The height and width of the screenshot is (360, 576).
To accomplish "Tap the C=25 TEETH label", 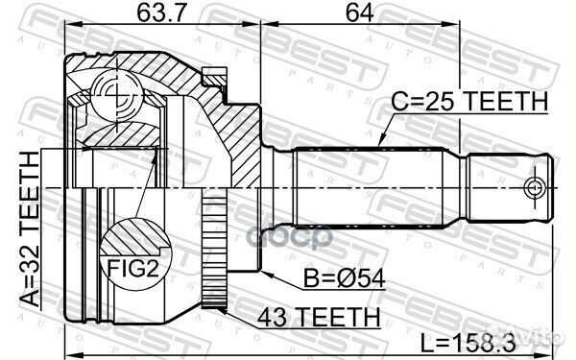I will pyautogui.click(x=468, y=101).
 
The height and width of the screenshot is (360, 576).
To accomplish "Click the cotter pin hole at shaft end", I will pyautogui.click(x=535, y=183).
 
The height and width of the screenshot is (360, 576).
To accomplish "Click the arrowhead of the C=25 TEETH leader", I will pyautogui.click(x=381, y=144).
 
